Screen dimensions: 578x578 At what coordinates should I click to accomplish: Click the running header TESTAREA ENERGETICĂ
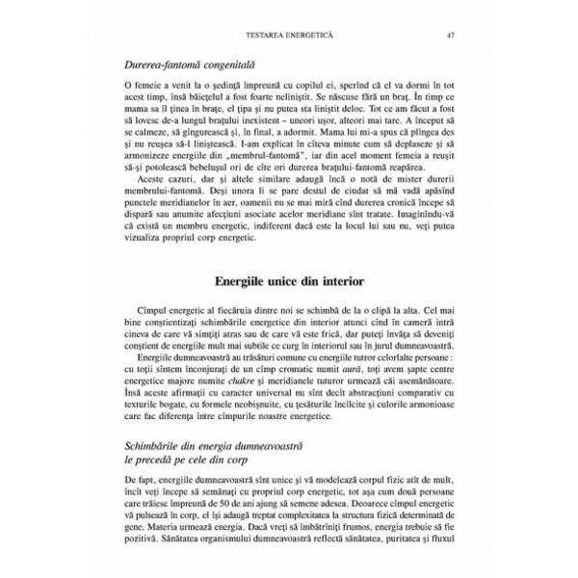(289, 38)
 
